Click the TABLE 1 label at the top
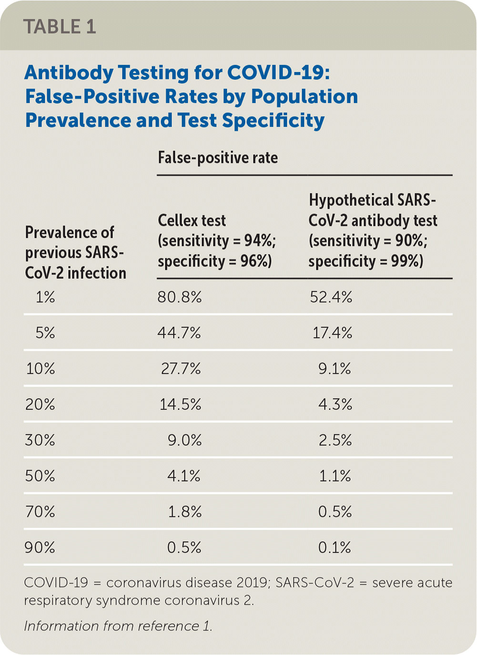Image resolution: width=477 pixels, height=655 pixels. [60, 27]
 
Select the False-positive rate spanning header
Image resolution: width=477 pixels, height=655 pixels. [218, 158]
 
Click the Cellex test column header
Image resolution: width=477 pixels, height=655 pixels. [216, 240]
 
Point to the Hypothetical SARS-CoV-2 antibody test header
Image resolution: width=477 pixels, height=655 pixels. [373, 230]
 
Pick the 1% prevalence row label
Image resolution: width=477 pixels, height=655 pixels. [45, 297]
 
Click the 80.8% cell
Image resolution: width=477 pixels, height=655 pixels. [180, 297]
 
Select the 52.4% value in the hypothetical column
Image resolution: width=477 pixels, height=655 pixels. [331, 297]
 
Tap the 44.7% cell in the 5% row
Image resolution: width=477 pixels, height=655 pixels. [179, 333]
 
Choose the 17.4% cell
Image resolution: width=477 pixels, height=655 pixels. [332, 333]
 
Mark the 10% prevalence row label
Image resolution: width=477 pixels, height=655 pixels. [41, 368]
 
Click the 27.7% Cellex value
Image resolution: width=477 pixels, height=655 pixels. [181, 368]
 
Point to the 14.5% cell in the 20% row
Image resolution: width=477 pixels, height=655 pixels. [180, 405]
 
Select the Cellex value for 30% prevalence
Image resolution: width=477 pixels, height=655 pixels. [184, 440]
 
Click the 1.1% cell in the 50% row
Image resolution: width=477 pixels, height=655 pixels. [335, 476]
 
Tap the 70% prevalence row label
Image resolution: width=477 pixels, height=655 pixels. [40, 511]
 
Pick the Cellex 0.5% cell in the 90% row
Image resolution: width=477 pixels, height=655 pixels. [184, 547]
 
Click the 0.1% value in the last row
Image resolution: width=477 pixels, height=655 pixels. [335, 547]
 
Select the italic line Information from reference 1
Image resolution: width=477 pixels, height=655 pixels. [118, 626]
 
